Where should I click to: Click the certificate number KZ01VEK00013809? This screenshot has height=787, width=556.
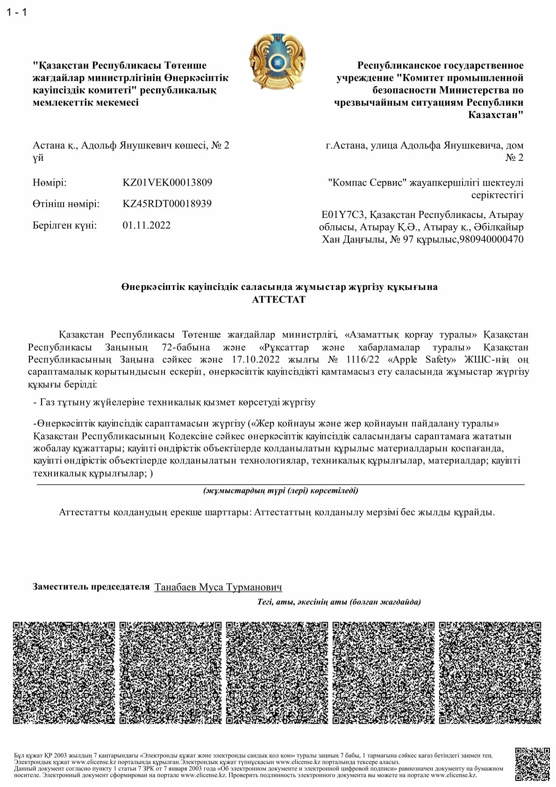pos(167,182)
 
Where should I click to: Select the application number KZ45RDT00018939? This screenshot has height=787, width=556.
pos(167,204)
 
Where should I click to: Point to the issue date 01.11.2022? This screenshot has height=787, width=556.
pos(147,225)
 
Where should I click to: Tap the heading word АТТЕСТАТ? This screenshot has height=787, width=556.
pos(279,299)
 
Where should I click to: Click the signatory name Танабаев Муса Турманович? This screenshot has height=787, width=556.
pos(218,587)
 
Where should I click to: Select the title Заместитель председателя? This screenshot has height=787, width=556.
pos(91,587)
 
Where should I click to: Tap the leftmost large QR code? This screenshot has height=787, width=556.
pos(63,673)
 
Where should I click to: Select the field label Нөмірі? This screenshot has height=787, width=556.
pos(50,182)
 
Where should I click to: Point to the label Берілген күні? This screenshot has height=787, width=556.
pos(65,225)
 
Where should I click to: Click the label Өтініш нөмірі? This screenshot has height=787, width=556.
pos(66,204)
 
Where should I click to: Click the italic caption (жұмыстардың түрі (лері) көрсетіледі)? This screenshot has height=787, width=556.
pos(281,491)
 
